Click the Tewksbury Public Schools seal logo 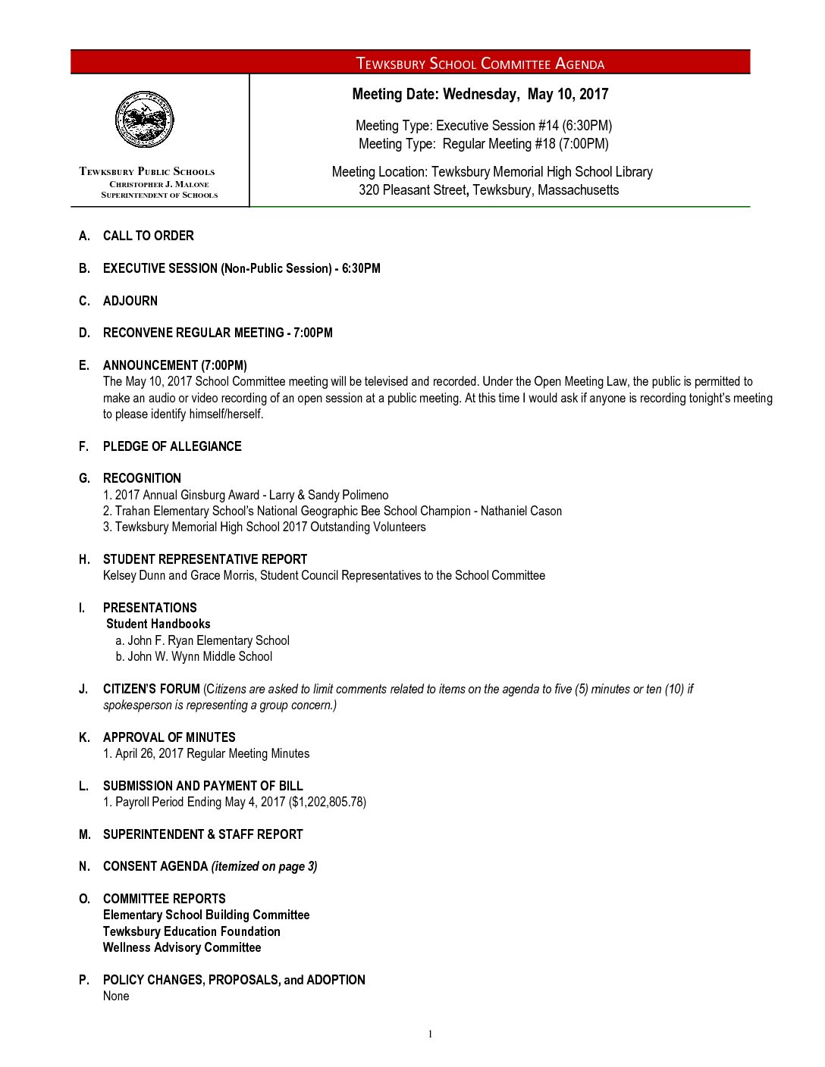144,120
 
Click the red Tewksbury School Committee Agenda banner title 480,64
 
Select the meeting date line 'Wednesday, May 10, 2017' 480,94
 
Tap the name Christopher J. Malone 158,184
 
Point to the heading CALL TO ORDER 148,236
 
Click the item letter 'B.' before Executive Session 84,268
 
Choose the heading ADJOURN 130,301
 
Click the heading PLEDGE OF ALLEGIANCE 172,446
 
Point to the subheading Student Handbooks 158,624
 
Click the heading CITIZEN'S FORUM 152,689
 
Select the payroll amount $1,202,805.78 328,802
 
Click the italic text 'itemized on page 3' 264,866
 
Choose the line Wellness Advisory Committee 182,947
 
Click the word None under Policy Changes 116,996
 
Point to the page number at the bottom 430,1034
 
